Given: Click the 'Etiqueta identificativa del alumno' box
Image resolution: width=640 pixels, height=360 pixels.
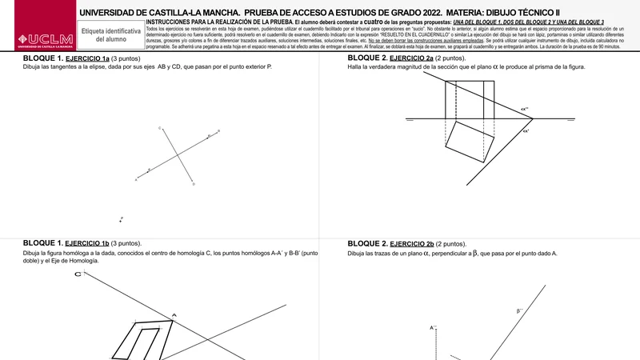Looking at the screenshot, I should (x=110, y=34).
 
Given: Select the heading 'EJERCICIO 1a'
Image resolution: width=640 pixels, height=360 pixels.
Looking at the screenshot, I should (x=87, y=59).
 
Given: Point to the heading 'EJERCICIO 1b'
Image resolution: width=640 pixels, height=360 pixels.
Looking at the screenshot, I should (x=87, y=242).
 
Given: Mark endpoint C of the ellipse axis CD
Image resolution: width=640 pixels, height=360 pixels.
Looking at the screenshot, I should (x=161, y=128).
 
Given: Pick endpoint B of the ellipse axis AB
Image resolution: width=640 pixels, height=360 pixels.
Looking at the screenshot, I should (x=219, y=131).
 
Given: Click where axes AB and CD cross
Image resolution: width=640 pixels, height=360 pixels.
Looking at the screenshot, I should (x=178, y=155).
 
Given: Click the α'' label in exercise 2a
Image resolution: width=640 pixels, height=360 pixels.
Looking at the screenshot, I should (x=525, y=109).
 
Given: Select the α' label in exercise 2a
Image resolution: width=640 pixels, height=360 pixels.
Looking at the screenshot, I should (x=526, y=130).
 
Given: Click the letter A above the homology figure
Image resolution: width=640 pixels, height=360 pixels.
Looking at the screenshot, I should (x=174, y=314).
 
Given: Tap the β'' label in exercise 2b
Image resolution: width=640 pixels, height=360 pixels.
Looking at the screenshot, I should (x=520, y=310).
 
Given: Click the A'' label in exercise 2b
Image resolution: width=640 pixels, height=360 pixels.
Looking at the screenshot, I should (x=433, y=327).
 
